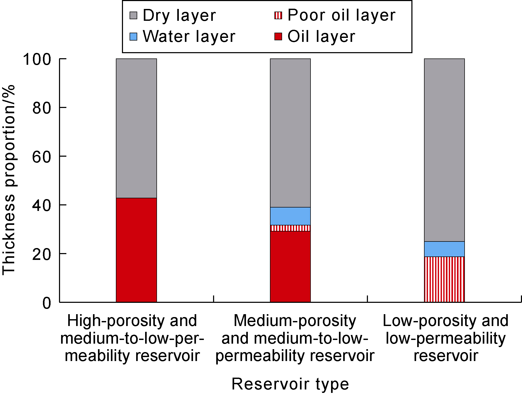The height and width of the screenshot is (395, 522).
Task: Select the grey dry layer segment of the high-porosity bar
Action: [x=136, y=128]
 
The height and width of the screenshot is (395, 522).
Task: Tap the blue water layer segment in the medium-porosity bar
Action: [x=290, y=216]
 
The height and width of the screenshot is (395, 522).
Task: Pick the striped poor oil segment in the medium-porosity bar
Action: [x=290, y=228]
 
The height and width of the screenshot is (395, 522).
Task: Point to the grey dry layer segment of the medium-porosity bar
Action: [x=290, y=133]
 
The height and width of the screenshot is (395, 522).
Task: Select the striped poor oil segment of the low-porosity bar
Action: [x=444, y=279]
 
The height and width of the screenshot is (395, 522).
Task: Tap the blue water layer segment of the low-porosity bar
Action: [x=444, y=249]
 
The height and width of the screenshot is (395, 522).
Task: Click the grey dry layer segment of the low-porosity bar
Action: [x=444, y=150]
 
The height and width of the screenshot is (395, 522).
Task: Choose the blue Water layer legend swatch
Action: [x=134, y=37]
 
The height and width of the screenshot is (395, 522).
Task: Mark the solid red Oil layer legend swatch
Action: [x=278, y=37]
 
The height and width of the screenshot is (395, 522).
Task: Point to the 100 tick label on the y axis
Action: [x=37, y=59]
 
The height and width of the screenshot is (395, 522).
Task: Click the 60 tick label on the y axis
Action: [x=41, y=157]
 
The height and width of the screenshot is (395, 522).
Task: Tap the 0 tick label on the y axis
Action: [x=47, y=303]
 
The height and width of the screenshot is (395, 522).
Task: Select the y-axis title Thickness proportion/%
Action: [x=9, y=180]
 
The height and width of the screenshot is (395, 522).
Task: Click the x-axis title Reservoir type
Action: [x=290, y=384]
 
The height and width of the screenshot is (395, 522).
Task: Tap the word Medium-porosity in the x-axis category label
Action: [x=295, y=321]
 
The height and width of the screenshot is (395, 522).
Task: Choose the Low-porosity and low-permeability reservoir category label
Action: [x=445, y=338]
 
